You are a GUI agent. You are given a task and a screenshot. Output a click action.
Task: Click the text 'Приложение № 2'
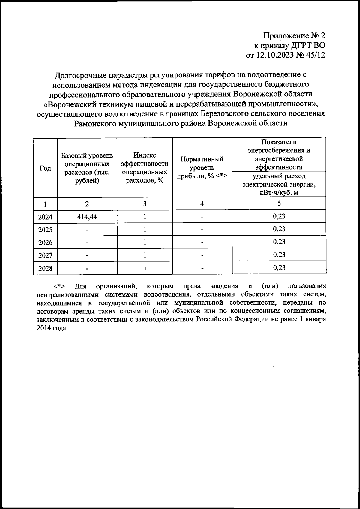point(294,36)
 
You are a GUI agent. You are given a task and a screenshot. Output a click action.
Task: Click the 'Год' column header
point(45,168)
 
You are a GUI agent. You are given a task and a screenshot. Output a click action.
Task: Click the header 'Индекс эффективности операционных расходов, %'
point(145,168)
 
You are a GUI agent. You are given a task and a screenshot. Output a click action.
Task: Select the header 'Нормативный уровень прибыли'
point(202,168)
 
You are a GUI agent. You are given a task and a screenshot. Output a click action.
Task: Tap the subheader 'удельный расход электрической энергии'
point(279,184)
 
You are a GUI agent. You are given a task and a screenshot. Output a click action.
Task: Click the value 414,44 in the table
point(87,217)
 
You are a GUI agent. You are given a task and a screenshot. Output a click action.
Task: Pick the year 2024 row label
point(45,217)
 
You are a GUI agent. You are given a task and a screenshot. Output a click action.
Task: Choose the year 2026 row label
point(45,242)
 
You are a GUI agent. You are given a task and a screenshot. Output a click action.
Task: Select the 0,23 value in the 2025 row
point(279,229)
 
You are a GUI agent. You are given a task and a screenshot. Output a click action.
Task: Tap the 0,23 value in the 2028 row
point(279,268)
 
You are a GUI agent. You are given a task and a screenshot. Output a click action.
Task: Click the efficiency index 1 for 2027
point(145,255)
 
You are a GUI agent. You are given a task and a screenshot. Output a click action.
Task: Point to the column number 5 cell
point(279,203)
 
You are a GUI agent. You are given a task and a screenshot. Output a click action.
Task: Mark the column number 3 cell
point(145,204)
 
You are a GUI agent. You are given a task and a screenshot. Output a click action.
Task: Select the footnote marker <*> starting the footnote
point(60,286)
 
